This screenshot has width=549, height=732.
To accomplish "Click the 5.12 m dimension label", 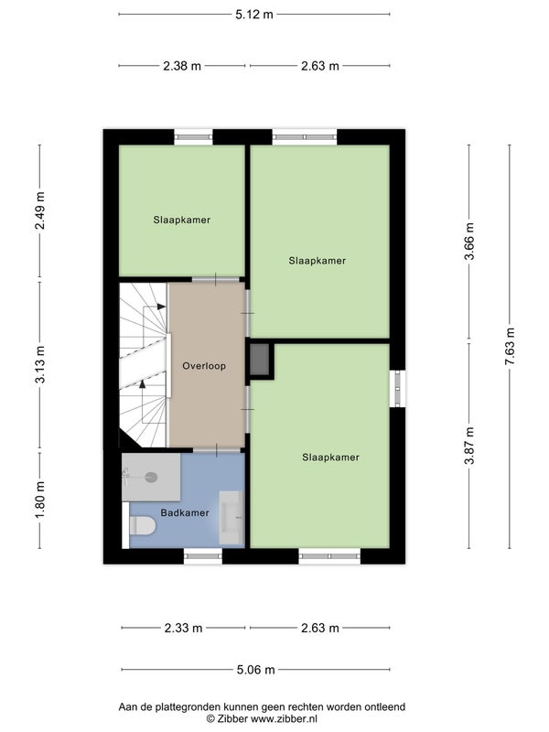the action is (x=254, y=15).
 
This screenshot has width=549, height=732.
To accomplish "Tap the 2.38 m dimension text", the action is (x=182, y=66).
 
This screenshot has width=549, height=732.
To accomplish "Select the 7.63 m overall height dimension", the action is (x=510, y=347).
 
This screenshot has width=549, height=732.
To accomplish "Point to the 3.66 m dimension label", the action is (x=469, y=242).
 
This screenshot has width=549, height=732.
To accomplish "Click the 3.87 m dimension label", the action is (x=469, y=446).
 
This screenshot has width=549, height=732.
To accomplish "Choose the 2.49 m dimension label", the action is (x=40, y=210).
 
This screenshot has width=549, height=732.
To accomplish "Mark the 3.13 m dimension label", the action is (x=40, y=364).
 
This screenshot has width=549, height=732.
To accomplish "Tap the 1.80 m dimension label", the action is (x=40, y=499).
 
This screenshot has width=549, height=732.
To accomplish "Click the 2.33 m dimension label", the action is (x=183, y=628).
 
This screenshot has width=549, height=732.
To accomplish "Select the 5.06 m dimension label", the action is (x=255, y=670).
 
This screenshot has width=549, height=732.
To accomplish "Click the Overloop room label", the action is (x=204, y=366).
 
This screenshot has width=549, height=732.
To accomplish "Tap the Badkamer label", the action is (x=185, y=512).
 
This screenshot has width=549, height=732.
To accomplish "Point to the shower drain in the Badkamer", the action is (x=151, y=477).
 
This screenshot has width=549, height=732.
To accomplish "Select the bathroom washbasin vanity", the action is (x=231, y=517).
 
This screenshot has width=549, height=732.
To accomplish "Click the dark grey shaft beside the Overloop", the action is (x=260, y=360).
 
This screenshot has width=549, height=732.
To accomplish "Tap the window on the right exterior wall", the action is (x=397, y=388).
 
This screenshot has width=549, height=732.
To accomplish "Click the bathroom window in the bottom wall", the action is (x=203, y=555).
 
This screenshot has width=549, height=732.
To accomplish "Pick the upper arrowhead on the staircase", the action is (x=162, y=307).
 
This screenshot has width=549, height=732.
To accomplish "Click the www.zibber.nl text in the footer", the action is (x=284, y=719).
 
